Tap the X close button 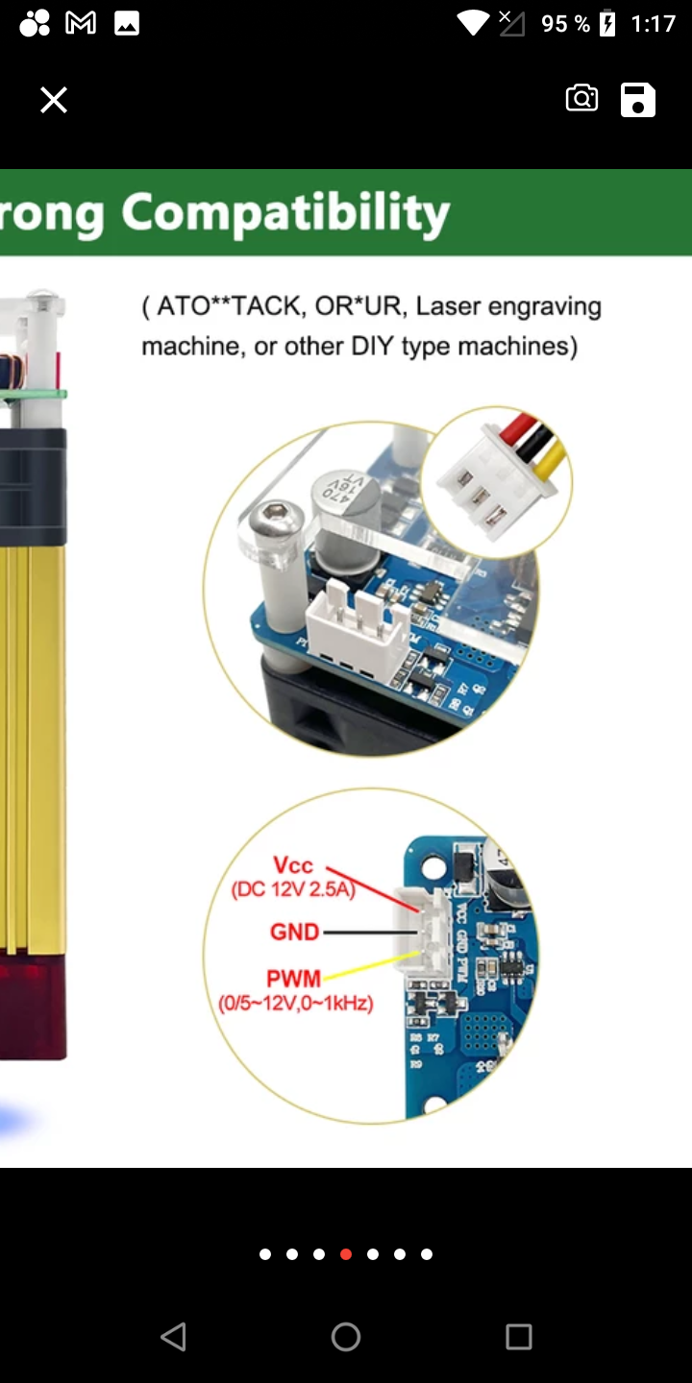tap(54, 100)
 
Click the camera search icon tap(581, 99)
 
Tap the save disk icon tap(638, 100)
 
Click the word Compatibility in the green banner tap(285, 213)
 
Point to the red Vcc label tap(292, 866)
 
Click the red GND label tap(294, 932)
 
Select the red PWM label tap(293, 980)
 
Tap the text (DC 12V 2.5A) tap(293, 890)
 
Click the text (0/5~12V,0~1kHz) tap(295, 1005)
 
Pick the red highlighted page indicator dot tap(346, 1254)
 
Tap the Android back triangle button tap(173, 1336)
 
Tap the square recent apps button tap(519, 1336)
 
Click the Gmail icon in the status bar tap(81, 23)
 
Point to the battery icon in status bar tap(607, 23)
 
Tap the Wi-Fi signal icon tap(473, 23)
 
